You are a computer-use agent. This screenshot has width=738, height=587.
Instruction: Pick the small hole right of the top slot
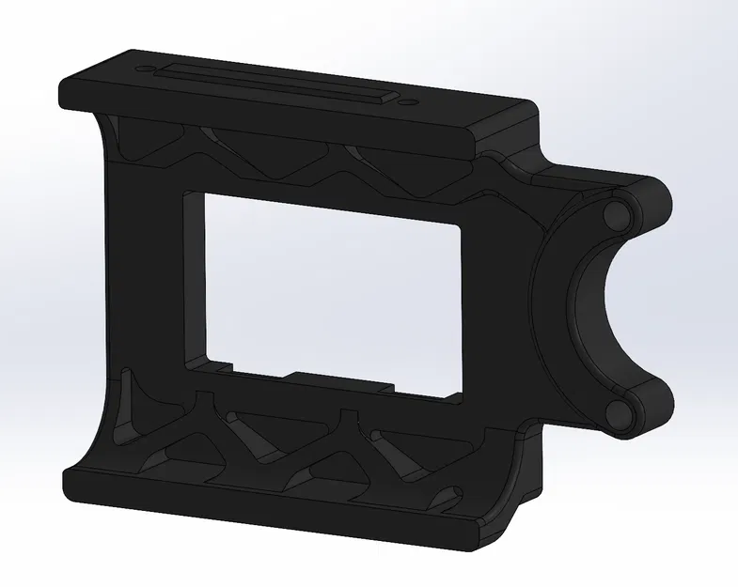tap(405, 101)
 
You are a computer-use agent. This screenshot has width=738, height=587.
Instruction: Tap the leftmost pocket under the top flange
tap(141, 141)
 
